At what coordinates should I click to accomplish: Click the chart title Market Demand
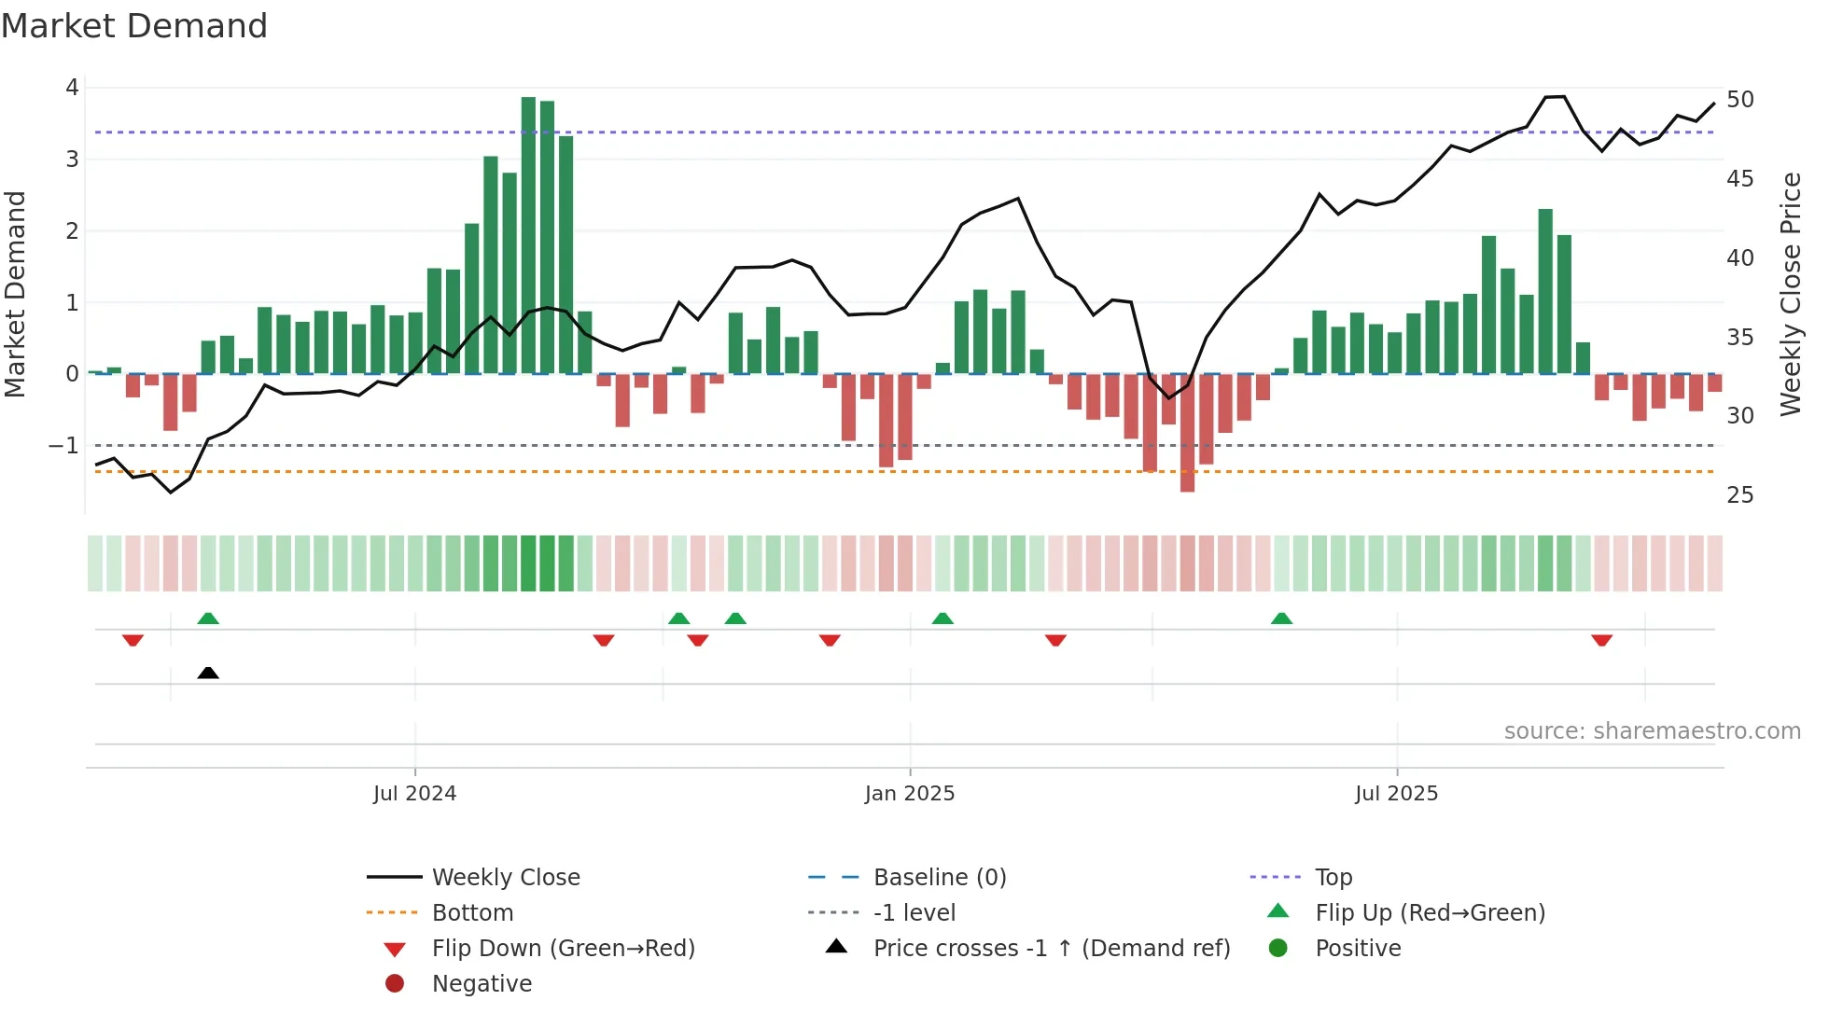pyautogui.click(x=134, y=26)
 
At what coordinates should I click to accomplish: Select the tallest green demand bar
pyautogui.click(x=528, y=235)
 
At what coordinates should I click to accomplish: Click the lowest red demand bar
pyautogui.click(x=1187, y=433)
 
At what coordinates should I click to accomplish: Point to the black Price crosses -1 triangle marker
pyautogui.click(x=208, y=673)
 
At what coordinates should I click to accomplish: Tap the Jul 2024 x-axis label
pyautogui.click(x=414, y=794)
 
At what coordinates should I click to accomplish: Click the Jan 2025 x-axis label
pyautogui.click(x=910, y=794)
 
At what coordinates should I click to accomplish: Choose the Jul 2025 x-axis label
pyautogui.click(x=1396, y=794)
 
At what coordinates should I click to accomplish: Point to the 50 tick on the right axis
pyautogui.click(x=1739, y=100)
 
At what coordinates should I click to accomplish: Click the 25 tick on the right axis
pyautogui.click(x=1739, y=495)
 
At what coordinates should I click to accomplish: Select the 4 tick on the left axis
pyautogui.click(x=72, y=88)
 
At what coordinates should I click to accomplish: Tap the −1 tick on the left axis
pyautogui.click(x=63, y=446)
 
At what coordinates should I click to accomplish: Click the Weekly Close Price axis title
pyautogui.click(x=1790, y=294)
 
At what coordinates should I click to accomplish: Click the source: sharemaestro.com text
pyautogui.click(x=1652, y=731)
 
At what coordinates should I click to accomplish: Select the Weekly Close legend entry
pyautogui.click(x=505, y=878)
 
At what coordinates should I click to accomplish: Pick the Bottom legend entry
pyautogui.click(x=472, y=913)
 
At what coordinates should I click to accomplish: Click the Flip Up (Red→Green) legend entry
pyautogui.click(x=1430, y=913)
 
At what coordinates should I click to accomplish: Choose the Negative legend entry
pyautogui.click(x=482, y=984)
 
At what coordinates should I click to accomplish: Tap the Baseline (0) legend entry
pyautogui.click(x=939, y=878)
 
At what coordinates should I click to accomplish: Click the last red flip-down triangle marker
pyautogui.click(x=1602, y=640)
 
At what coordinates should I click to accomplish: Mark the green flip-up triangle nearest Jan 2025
pyautogui.click(x=942, y=618)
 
